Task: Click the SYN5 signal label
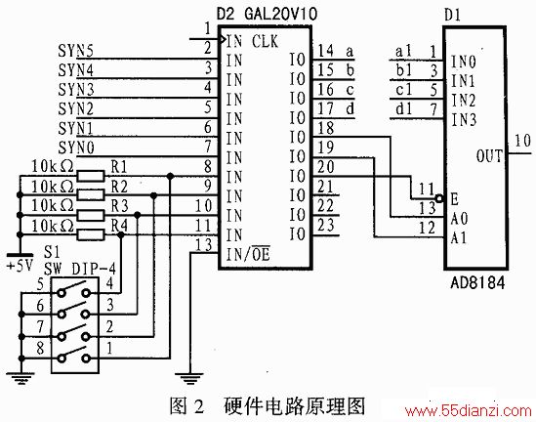tap(75, 51)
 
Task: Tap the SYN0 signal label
tap(76, 148)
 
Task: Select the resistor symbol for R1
tap(91, 176)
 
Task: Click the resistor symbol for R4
tap(91, 234)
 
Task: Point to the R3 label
tap(119, 206)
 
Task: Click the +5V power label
tap(20, 266)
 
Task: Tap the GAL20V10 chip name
tap(281, 14)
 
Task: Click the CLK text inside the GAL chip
tap(265, 42)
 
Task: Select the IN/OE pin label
tap(248, 253)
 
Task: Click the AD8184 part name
tap(477, 282)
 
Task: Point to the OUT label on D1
tap(490, 156)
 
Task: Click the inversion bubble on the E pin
tap(439, 198)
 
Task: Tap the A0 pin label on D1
tap(459, 218)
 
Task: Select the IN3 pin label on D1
tap(464, 120)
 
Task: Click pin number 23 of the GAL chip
tap(325, 226)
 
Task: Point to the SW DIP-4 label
tap(80, 270)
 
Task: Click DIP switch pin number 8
tap(40, 348)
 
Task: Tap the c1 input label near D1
tap(404, 90)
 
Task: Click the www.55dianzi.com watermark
tap(468, 410)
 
